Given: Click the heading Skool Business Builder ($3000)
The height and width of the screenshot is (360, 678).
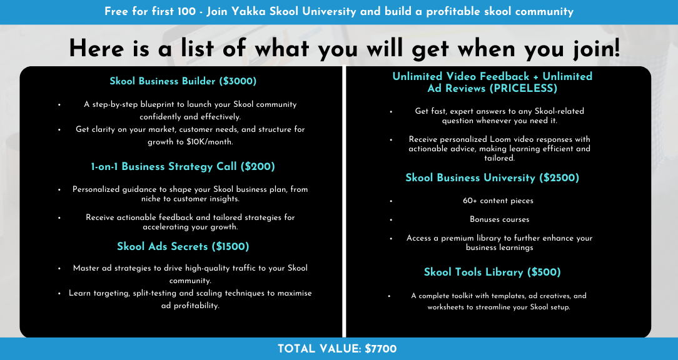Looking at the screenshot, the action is click(x=183, y=81).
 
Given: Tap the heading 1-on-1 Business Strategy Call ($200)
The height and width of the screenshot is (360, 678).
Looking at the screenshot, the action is click(x=183, y=167).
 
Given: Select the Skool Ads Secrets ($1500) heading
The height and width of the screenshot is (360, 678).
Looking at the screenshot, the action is click(x=183, y=246).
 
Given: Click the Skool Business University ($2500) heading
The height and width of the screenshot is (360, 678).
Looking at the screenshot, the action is click(x=492, y=177).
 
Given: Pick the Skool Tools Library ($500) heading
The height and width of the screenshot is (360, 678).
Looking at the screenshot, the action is click(x=492, y=272).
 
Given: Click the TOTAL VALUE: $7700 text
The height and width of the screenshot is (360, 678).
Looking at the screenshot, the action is click(x=337, y=349).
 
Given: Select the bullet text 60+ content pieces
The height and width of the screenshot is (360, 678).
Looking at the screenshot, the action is click(x=498, y=201).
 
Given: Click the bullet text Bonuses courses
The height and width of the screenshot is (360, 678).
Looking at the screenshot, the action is click(x=499, y=219).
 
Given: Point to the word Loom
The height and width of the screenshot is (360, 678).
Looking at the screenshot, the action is click(x=499, y=139).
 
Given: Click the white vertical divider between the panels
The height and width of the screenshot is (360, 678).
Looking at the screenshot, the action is click(x=344, y=201).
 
